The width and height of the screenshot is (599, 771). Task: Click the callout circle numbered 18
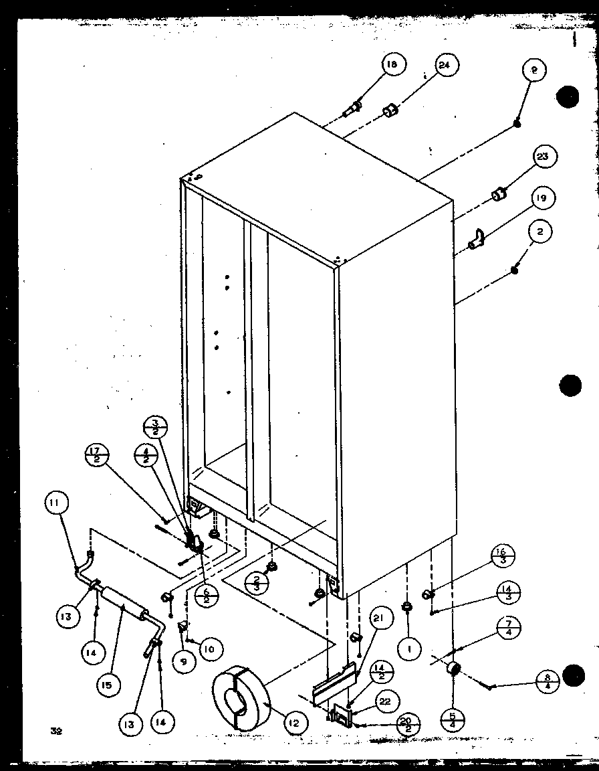(391, 64)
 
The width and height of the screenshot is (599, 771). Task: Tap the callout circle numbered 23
(542, 157)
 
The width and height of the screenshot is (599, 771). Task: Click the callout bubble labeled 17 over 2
(97, 460)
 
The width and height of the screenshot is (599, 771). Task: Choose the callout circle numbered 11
(57, 501)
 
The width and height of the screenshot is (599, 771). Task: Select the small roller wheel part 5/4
(455, 667)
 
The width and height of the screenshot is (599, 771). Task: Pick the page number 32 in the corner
(55, 732)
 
